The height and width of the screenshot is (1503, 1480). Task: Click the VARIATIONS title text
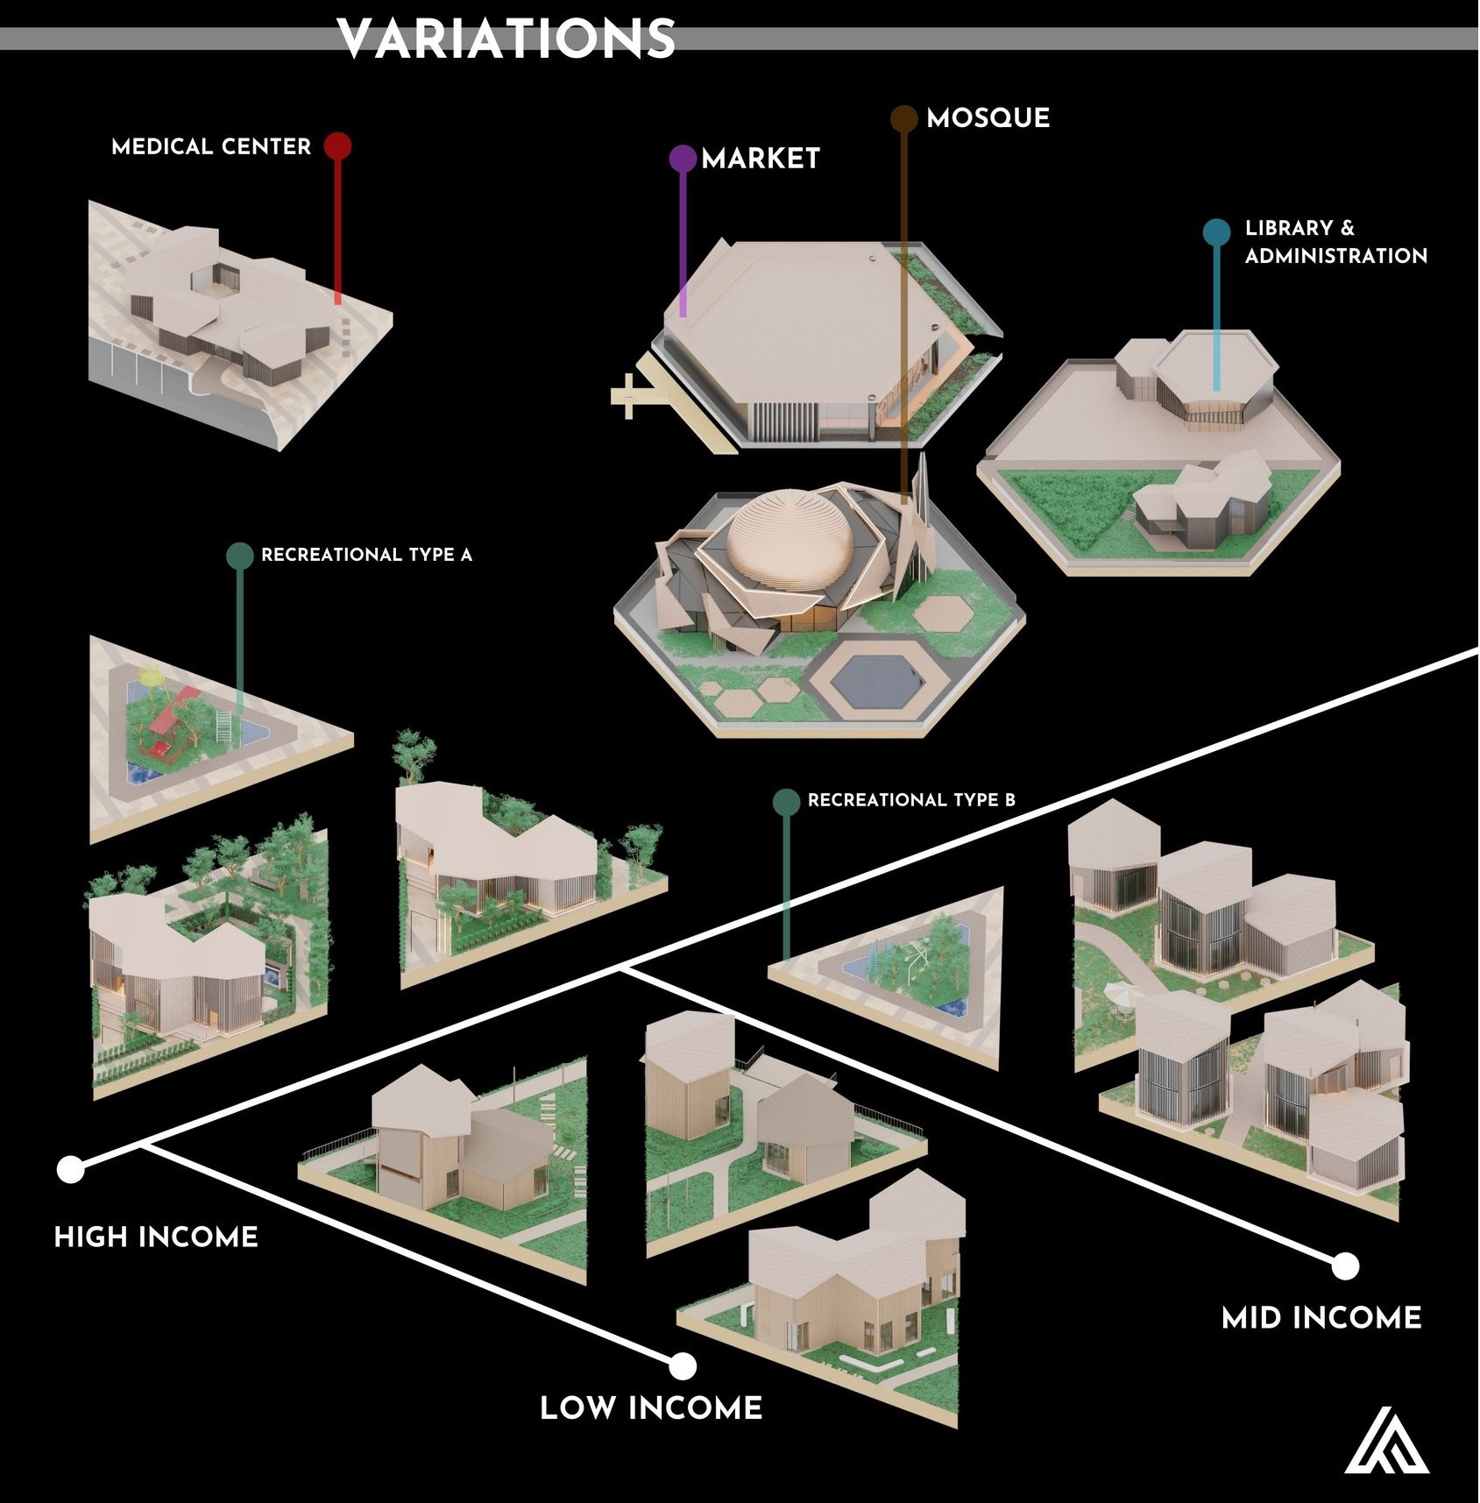(506, 39)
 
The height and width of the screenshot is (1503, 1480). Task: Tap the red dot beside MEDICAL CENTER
(337, 145)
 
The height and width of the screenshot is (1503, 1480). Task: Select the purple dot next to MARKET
(683, 159)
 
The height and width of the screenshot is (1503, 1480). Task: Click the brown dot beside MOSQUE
(903, 118)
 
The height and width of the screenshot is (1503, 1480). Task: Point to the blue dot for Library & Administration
(1216, 232)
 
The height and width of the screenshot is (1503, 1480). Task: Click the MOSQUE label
(988, 118)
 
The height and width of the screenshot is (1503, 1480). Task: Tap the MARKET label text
(761, 159)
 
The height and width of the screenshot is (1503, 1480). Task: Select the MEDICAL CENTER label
(211, 146)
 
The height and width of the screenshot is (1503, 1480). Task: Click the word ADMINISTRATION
(1335, 256)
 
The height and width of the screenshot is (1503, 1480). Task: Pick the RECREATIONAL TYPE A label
(366, 555)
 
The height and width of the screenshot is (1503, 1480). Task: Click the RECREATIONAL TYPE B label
(911, 800)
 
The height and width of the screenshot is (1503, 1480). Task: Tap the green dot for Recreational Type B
(786, 801)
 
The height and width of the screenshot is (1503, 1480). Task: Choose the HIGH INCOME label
(156, 1237)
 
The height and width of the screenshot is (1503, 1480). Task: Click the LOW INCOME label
(651, 1407)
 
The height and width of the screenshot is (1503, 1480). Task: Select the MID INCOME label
(1321, 1317)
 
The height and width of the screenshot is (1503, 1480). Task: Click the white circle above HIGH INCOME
(70, 1168)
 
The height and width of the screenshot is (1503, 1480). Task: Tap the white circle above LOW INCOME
(682, 1365)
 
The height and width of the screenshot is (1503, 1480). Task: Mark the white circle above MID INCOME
(1345, 1265)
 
